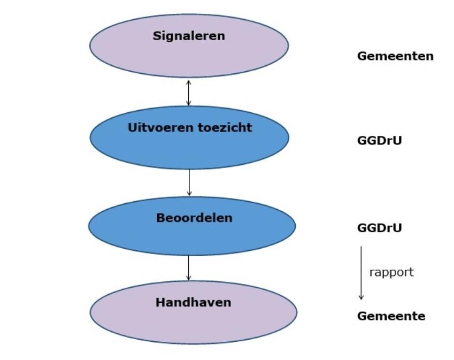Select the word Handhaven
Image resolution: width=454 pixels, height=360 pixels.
point(193,303)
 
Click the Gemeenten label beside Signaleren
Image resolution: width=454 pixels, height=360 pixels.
point(395,56)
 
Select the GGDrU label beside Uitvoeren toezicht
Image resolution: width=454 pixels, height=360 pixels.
point(379,141)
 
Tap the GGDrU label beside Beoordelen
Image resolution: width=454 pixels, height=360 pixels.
point(379,228)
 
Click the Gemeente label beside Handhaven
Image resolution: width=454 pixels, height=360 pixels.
point(391,316)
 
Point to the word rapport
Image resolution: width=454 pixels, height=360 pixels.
point(391,272)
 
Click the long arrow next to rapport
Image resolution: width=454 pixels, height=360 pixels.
point(361,273)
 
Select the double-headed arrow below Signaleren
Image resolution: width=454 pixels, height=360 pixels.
point(189,92)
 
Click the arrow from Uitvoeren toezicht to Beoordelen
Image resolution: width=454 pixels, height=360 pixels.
point(189,182)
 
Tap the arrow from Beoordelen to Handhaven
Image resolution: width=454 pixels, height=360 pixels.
point(189,268)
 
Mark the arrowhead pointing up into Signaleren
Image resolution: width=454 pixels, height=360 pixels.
point(189,82)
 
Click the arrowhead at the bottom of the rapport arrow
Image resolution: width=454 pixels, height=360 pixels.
point(361,297)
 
